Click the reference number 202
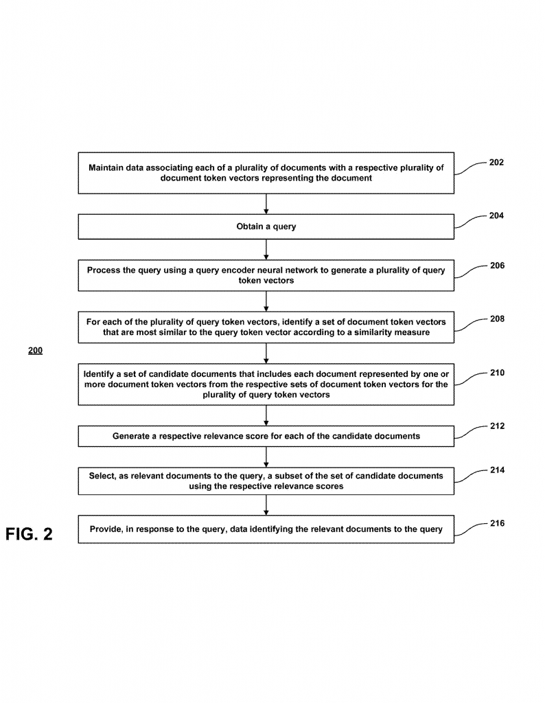point(497,163)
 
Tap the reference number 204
point(497,216)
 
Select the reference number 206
point(497,265)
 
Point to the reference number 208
point(497,319)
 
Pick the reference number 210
point(497,373)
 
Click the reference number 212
point(497,426)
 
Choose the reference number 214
point(497,470)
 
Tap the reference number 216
point(497,523)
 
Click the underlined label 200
point(35,351)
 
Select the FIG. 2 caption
point(29,534)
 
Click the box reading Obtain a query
point(266,227)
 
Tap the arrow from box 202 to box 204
point(266,204)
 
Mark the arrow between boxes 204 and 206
point(266,249)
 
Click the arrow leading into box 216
point(266,505)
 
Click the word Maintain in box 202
point(107,168)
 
